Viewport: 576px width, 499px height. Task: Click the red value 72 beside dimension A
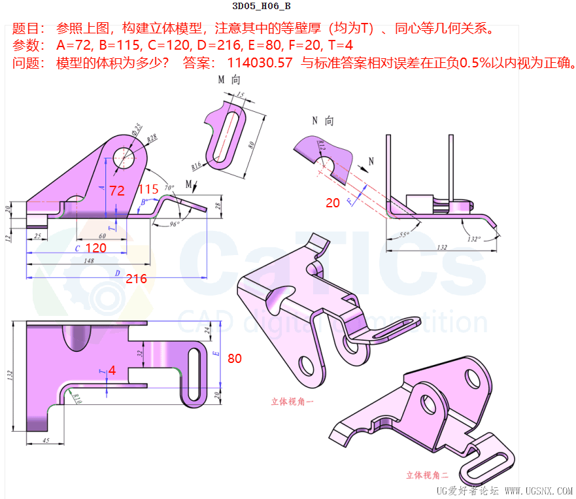(117, 191)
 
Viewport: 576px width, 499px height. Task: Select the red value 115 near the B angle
(148, 189)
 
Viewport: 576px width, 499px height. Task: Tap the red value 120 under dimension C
(95, 249)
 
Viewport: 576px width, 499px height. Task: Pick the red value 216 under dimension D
(136, 279)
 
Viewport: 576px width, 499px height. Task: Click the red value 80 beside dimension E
(235, 358)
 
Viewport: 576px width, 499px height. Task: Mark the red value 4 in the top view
(112, 370)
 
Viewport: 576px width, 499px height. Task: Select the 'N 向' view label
(322, 121)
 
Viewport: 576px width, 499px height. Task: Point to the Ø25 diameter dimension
(137, 128)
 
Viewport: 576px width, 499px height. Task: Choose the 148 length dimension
(89, 261)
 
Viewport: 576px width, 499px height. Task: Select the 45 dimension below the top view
(44, 440)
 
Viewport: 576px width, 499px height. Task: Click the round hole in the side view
(124, 157)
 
